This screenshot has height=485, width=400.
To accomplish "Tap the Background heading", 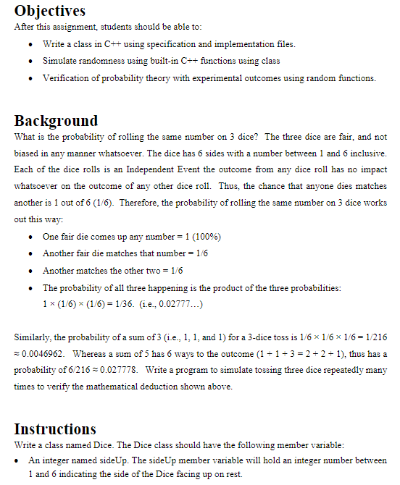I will (56, 120).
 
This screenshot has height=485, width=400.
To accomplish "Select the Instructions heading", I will (55, 429).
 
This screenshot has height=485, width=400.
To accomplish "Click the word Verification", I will (66, 77).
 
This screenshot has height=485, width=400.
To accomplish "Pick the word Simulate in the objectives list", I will (61, 61).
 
